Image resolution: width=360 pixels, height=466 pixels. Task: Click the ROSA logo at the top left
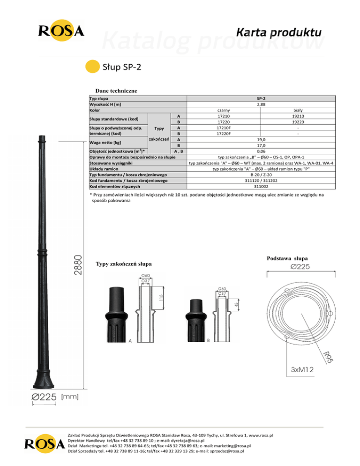pyautogui.click(x=61, y=30)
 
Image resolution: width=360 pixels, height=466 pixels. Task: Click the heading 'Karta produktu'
pyautogui.click(x=278, y=32)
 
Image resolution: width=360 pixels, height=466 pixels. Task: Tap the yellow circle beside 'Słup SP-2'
pyautogui.click(x=92, y=67)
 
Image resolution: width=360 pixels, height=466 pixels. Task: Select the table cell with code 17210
pyautogui.click(x=224, y=116)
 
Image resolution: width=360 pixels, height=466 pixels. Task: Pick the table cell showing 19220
pyautogui.click(x=298, y=122)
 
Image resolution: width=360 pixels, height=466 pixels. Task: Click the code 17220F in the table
pyautogui.click(x=224, y=134)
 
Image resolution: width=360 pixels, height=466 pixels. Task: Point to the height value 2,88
pyautogui.click(x=261, y=105)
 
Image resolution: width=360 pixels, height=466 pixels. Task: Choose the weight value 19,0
pyautogui.click(x=261, y=139)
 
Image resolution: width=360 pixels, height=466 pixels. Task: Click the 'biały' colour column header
pyautogui.click(x=298, y=110)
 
